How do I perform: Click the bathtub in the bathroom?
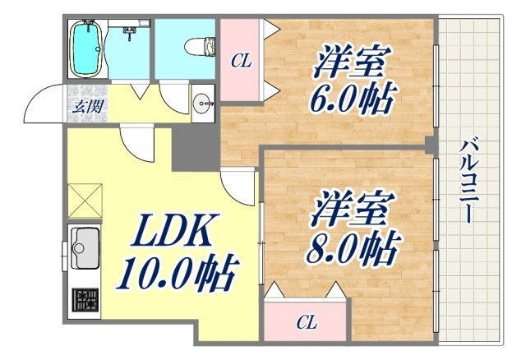(x=87, y=48)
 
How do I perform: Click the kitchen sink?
(x=85, y=246)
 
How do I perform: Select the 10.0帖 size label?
(x=177, y=272)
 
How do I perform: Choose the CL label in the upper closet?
(x=241, y=60)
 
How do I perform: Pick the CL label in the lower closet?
(x=307, y=321)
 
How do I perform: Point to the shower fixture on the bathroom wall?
(x=129, y=33)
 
